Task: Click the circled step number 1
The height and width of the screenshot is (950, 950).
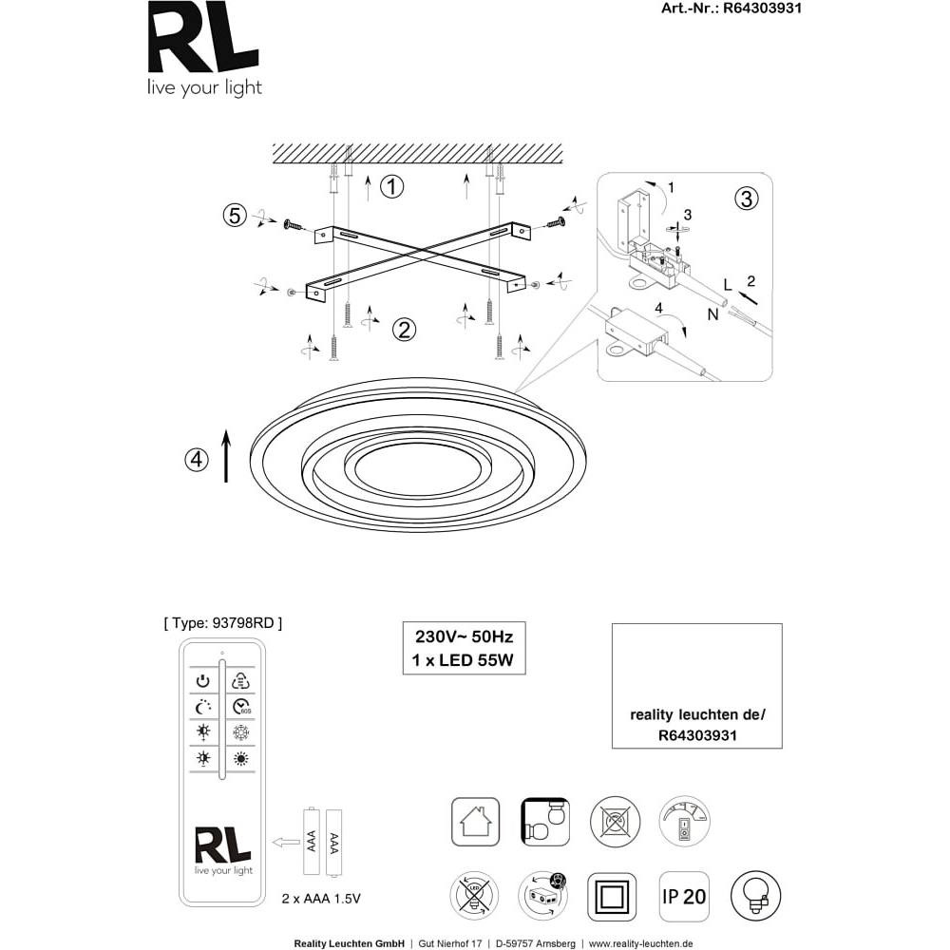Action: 392,186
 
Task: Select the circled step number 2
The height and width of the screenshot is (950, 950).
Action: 404,330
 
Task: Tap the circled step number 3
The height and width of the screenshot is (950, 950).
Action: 747,199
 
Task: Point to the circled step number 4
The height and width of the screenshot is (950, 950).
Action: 197,460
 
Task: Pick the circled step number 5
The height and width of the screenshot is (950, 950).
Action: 235,215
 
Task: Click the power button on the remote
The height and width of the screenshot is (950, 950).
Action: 203,681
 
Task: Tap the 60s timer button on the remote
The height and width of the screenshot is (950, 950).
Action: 241,707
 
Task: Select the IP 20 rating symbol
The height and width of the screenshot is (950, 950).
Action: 684,897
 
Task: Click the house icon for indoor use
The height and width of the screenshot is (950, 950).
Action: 476,822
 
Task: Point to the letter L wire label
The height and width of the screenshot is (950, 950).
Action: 728,284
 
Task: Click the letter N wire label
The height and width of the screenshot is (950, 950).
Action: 712,314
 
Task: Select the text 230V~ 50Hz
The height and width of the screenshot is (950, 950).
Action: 465,636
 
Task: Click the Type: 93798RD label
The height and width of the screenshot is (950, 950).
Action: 223,623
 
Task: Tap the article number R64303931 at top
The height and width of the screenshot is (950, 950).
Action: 762,8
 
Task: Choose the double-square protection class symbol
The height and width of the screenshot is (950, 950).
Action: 612,897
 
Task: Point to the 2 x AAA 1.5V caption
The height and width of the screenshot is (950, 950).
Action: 321,899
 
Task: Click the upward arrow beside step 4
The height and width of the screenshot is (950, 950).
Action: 227,456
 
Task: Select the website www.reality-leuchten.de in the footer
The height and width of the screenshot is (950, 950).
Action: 641,944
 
